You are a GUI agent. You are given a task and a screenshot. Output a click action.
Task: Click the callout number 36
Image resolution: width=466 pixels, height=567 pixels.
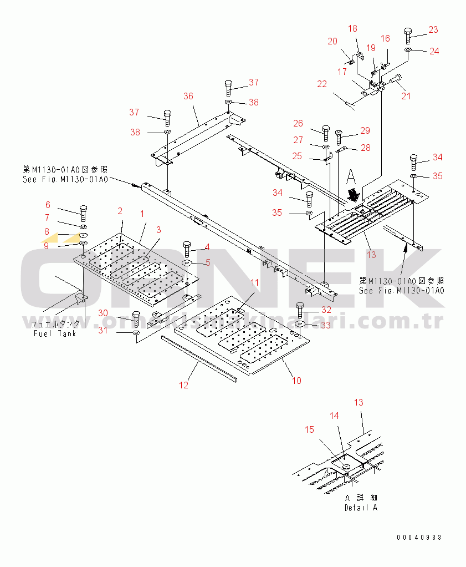pos(188,96)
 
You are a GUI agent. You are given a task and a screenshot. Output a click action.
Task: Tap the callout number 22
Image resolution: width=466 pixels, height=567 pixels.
pos(322,84)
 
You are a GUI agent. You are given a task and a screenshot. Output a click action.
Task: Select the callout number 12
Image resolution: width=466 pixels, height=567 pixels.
pos(184,384)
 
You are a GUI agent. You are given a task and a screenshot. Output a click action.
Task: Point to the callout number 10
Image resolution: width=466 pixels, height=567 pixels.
pos(297,380)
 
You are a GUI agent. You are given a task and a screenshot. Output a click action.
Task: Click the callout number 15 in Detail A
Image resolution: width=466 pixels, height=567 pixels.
pos(309,429)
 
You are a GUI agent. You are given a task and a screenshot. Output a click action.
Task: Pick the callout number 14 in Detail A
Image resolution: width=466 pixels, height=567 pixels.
pos(334,415)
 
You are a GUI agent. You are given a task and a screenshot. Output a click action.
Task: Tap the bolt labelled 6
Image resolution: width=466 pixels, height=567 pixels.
pos(83,211)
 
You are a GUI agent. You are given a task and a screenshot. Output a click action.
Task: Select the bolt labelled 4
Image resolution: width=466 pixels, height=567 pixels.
pos(186,248)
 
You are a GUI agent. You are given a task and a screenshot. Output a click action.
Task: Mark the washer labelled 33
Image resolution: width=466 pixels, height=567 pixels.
pos(300,325)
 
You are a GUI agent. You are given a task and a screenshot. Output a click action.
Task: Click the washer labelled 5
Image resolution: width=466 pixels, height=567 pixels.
pos(187,262)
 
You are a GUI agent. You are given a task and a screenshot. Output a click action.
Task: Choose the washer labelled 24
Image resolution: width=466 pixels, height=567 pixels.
pos(408,50)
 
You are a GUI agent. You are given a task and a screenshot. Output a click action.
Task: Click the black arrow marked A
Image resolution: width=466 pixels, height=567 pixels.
pos(352,194)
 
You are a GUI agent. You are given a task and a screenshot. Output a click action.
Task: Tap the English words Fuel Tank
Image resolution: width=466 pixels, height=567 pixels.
pos(54,333)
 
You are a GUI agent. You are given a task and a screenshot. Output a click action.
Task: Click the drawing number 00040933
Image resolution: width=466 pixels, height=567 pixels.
pos(419,537)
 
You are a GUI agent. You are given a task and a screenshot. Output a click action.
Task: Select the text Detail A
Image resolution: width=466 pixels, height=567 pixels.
pos(361,507)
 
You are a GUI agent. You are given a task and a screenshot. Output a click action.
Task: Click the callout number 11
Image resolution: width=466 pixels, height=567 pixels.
pos(254,282)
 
